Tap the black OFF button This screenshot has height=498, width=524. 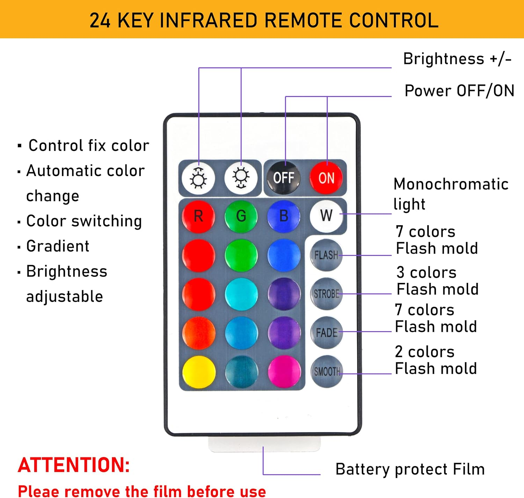pyautogui.click(x=283, y=178)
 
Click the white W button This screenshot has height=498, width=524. pyautogui.click(x=326, y=215)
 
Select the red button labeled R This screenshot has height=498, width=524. pyautogui.click(x=198, y=216)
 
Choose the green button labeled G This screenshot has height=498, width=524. pyautogui.click(x=241, y=216)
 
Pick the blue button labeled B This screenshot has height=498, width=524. pyautogui.click(x=284, y=216)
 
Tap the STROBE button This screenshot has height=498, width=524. pyautogui.click(x=326, y=294)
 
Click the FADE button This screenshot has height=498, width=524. pyautogui.click(x=326, y=332)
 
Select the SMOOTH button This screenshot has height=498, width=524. pyautogui.click(x=327, y=371)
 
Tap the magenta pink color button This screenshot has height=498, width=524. pyautogui.click(x=284, y=372)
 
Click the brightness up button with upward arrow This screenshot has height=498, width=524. pyautogui.click(x=198, y=178)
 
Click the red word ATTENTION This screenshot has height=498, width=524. pyautogui.click(x=74, y=465)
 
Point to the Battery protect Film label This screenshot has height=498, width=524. pyautogui.click(x=410, y=469)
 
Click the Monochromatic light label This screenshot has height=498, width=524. pyautogui.click(x=451, y=194)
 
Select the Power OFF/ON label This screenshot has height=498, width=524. pyautogui.click(x=459, y=91)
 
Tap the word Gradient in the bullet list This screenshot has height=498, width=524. pyautogui.click(x=58, y=246)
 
